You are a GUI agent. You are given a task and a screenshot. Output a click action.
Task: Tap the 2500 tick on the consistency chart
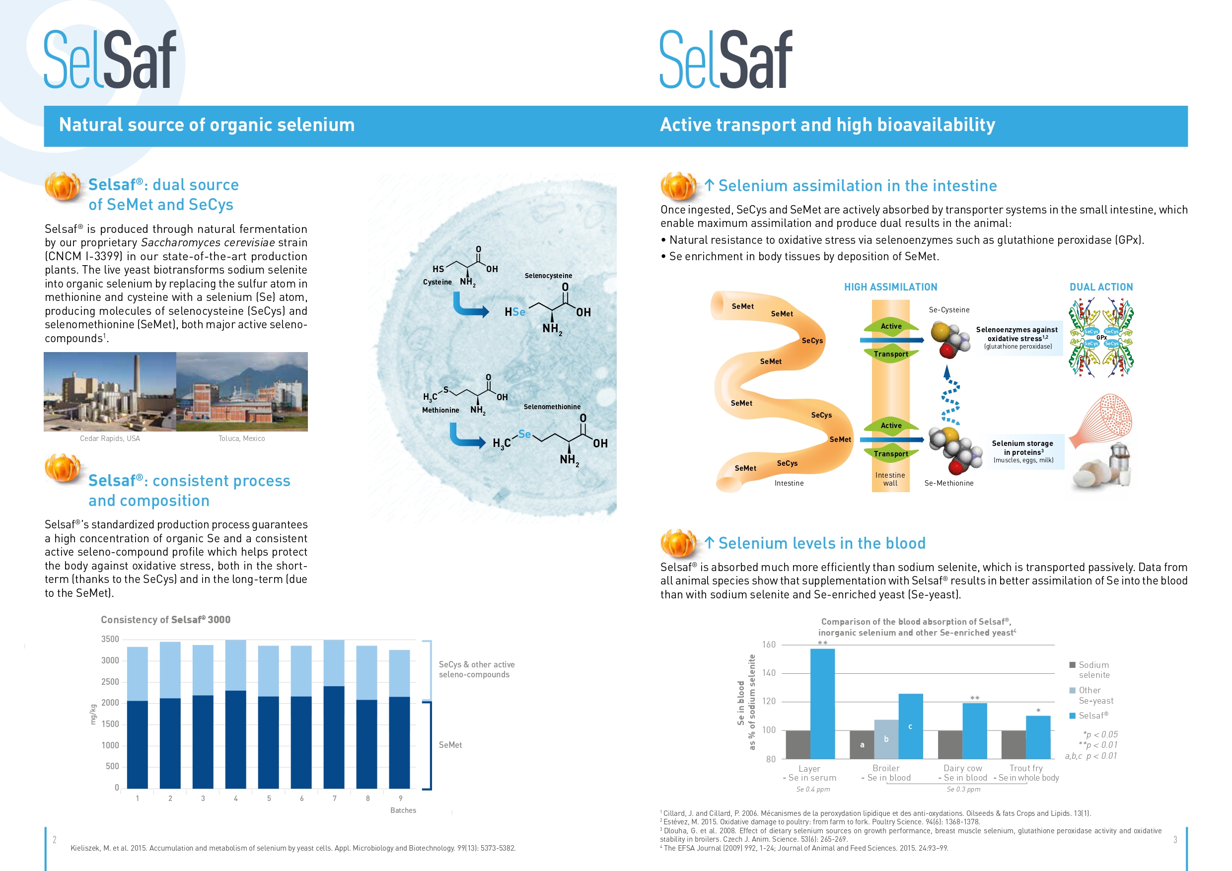[110, 682]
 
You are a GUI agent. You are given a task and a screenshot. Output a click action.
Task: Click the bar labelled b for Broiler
[886, 739]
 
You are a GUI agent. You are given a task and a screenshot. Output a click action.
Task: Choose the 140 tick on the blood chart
[768, 673]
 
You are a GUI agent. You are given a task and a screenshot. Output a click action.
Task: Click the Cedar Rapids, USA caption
[110, 438]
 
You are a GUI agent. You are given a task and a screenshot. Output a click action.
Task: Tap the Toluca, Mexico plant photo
[242, 392]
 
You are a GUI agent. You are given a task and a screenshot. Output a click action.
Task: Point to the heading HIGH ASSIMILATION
[891, 287]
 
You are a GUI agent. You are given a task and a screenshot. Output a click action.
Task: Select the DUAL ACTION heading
[1101, 287]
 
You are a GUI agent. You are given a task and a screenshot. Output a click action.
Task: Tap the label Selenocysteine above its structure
[548, 276]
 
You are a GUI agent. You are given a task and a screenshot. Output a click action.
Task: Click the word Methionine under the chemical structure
[440, 410]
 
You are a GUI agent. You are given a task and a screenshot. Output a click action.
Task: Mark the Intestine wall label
[890, 479]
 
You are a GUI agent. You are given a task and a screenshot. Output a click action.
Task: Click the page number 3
[1175, 839]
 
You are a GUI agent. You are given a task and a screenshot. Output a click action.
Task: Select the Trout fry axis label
[1026, 768]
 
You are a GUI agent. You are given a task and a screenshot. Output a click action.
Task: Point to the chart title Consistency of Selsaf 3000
[166, 620]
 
